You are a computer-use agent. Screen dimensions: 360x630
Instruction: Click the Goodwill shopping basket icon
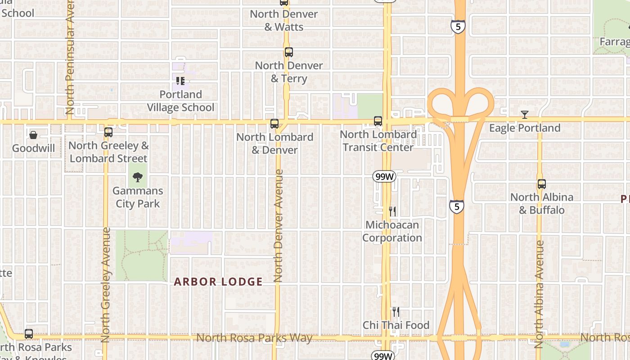pos(33,135)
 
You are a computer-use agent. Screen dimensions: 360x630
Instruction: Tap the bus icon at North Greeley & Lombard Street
pos(108,132)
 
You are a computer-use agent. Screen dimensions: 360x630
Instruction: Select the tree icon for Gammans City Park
pos(138,177)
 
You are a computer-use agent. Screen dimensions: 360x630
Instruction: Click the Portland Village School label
pos(180,101)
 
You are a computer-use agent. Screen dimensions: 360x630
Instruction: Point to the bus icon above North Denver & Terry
pos(288,52)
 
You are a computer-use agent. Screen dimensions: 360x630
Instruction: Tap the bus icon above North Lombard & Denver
pos(274,124)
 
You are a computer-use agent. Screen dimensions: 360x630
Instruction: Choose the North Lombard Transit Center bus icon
pos(378,121)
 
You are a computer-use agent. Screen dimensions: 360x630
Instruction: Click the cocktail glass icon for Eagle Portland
pos(524,115)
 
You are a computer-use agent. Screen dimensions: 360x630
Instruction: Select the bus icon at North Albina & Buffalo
pos(542,184)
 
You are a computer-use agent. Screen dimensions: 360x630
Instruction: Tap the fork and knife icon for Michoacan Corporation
pos(392,211)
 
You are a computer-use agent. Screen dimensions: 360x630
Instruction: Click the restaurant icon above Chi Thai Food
pos(396,311)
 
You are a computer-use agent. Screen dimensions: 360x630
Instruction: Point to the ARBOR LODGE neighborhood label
pos(218,282)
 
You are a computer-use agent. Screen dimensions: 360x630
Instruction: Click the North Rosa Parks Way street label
pos(254,337)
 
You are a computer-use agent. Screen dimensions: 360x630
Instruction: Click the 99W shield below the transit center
pos(384,177)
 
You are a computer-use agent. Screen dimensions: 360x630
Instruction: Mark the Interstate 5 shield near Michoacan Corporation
pos(457,207)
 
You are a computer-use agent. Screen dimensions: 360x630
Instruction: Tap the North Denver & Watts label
pos(284,20)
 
